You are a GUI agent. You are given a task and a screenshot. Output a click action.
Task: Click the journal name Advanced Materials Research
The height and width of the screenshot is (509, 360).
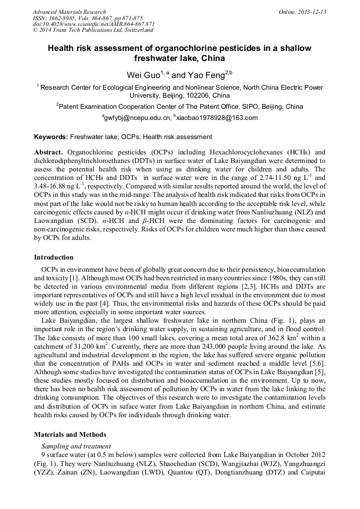coord(69,12)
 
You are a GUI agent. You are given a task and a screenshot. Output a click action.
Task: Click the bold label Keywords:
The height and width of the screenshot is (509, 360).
coord(51,137)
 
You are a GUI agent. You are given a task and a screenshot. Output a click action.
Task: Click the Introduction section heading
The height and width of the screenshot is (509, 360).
coord(54,257)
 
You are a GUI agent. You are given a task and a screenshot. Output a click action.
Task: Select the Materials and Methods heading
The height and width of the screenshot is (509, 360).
coord(70,434)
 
